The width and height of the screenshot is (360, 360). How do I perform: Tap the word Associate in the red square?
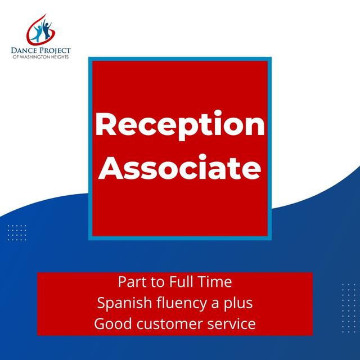179,167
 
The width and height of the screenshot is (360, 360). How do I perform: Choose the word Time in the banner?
217,281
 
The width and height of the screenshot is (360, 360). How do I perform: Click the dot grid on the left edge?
16,232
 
